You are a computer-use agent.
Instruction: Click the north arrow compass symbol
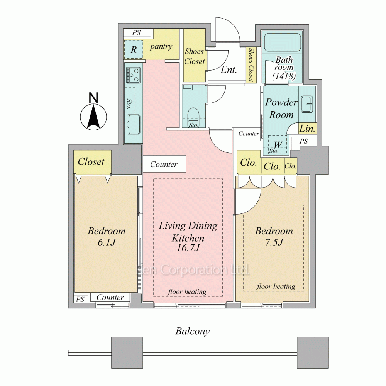[93, 116]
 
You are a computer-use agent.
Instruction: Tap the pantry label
[161, 46]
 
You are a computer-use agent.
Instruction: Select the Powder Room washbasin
[308, 103]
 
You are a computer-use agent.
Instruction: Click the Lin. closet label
[308, 129]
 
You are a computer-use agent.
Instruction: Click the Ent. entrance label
[229, 70]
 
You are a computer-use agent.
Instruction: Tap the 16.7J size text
[188, 248]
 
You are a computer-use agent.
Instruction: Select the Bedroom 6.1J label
[107, 236]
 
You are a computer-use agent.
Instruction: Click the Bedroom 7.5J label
[274, 236]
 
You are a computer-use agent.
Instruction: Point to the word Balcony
[193, 331]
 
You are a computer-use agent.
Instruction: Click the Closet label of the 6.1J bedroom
[91, 162]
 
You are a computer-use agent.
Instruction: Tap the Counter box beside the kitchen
[164, 164]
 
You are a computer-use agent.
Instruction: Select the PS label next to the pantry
[136, 33]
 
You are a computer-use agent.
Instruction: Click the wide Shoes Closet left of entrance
[194, 56]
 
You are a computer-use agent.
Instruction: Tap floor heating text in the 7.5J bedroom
[276, 286]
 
